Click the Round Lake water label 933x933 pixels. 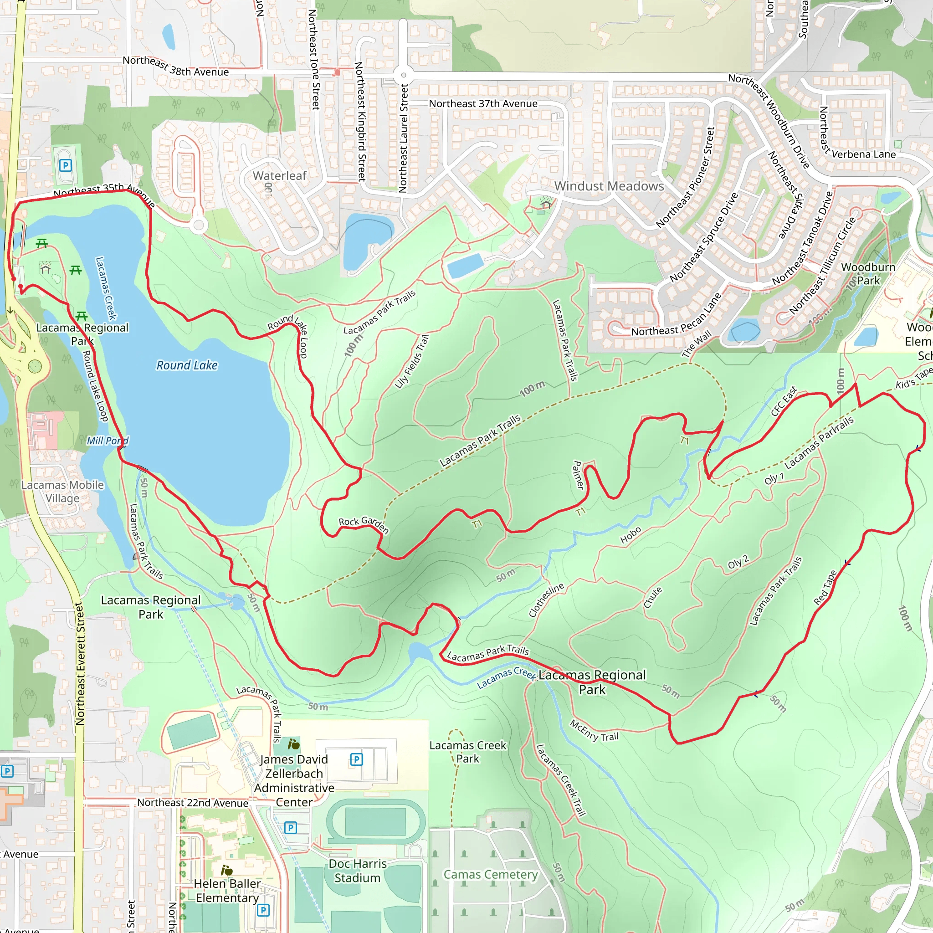tap(187, 365)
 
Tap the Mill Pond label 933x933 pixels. tap(107, 441)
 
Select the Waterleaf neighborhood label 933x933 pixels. tap(280, 176)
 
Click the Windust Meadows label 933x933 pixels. tap(609, 186)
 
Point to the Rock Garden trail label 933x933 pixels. tap(364, 524)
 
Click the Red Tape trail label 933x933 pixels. tap(825, 588)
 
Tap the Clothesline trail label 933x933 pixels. tap(546, 600)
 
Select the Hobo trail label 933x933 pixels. tap(631, 536)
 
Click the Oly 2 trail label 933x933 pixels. tap(738, 563)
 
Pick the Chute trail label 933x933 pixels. tap(653, 598)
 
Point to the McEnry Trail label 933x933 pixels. tap(594, 731)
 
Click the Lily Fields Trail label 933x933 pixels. tap(411, 362)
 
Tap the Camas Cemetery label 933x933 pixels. tap(491, 875)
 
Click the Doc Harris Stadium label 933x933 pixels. tap(357, 871)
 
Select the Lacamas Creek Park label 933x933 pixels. tap(467, 752)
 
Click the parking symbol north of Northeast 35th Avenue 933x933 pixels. tap(65, 166)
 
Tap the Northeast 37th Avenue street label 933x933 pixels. tap(483, 104)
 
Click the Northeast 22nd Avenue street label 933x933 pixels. tap(193, 803)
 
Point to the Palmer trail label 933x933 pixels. tap(578, 475)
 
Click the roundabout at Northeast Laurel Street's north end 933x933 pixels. tap(403, 75)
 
